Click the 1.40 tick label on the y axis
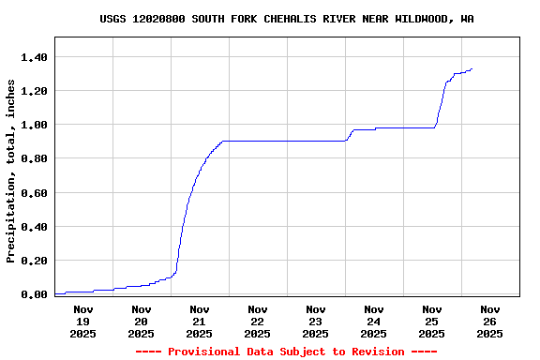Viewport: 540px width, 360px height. (35, 57)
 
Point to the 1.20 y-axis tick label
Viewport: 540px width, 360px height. (35, 91)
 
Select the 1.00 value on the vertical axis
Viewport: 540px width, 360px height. (35, 125)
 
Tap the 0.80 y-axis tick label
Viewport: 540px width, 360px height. (35, 158)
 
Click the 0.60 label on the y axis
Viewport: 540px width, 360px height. (35, 193)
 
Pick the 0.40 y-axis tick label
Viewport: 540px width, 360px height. (35, 227)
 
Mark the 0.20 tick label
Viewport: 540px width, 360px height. (35, 261)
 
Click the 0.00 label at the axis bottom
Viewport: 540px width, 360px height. (35, 294)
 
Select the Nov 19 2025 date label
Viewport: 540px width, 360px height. (82, 321)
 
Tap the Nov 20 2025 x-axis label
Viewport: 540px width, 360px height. (141, 321)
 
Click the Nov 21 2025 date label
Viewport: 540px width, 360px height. (199, 321)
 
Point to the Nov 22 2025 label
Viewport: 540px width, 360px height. (257, 321)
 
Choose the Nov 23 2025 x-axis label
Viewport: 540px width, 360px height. (315, 321)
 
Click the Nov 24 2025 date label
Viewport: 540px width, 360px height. (373, 321)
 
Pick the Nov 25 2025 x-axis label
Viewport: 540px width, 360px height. (431, 321)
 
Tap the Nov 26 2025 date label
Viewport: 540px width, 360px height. (489, 321)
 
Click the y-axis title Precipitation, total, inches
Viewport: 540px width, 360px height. (11, 171)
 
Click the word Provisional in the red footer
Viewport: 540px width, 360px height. (203, 352)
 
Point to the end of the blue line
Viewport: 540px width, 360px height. (472, 68)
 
